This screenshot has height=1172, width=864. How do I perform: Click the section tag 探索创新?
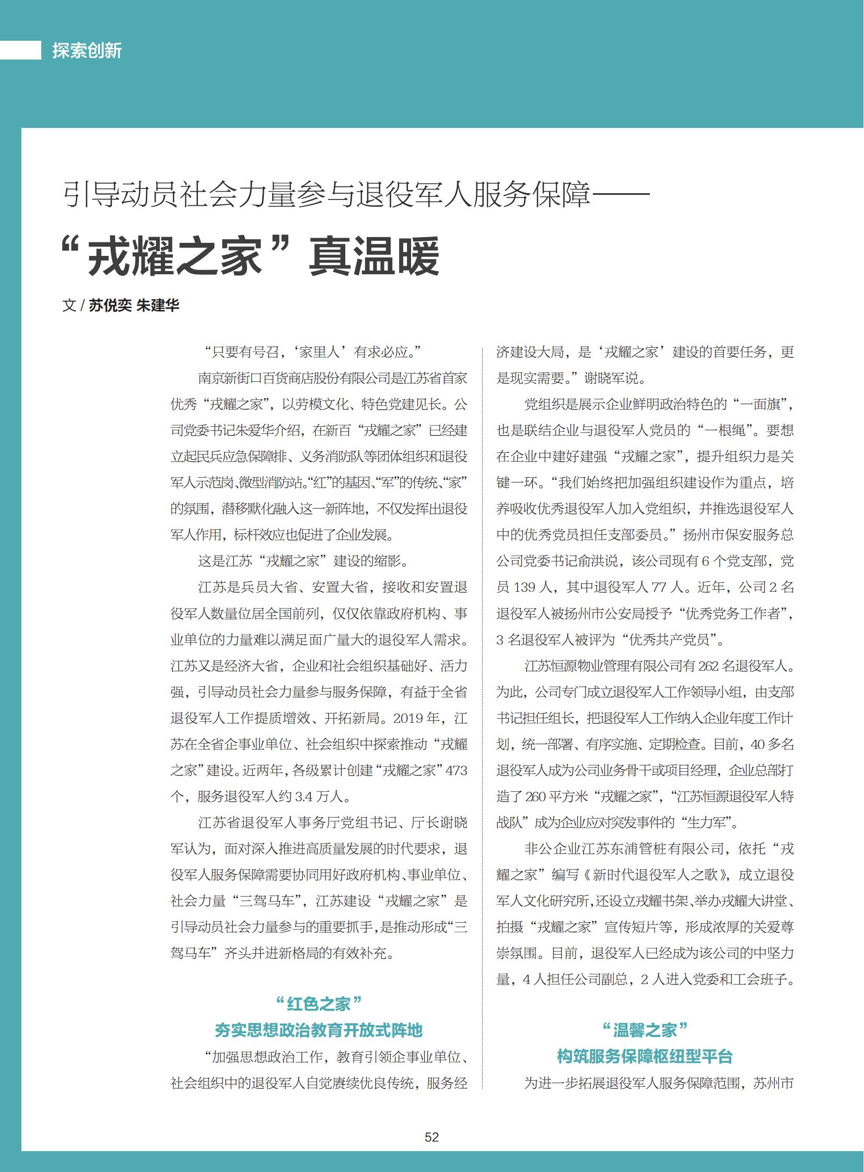87,51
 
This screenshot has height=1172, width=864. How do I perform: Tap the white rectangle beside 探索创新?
20,50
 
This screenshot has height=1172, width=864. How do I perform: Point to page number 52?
431,1137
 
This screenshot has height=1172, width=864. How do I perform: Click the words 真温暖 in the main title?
374,257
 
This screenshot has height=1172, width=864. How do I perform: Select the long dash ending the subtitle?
620,194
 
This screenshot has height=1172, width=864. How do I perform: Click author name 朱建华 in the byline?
157,306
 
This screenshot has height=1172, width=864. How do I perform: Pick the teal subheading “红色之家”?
319,1004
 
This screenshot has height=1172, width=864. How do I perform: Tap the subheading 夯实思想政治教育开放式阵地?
319,1030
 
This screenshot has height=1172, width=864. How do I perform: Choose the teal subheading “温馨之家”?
644,1030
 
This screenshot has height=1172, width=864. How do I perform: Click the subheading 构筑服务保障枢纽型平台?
644,1056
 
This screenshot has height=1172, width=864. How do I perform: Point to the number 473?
456,770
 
